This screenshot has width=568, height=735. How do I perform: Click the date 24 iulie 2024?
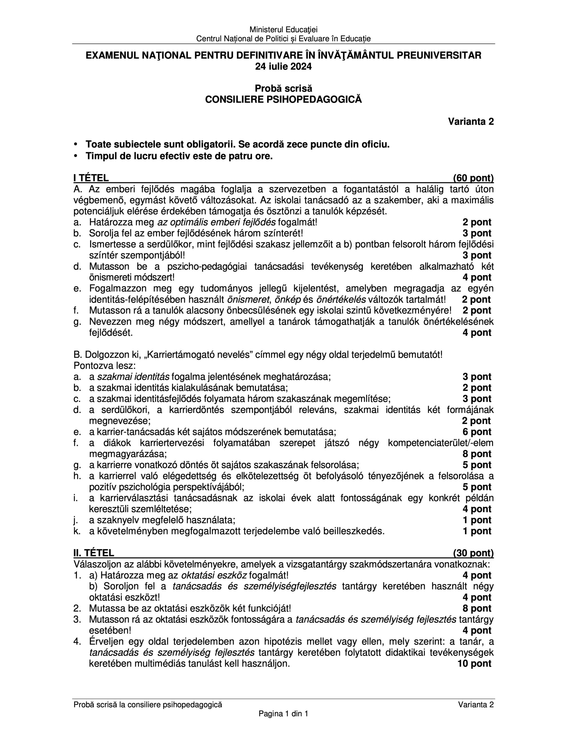click(283, 67)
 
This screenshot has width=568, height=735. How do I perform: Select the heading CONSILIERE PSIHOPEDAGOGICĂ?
click(283, 100)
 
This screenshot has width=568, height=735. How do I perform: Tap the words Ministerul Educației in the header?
click(283, 30)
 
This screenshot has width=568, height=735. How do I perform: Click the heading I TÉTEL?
click(91, 178)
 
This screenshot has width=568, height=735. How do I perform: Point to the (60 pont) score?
click(473, 178)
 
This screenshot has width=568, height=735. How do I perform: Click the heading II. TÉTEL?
click(94, 553)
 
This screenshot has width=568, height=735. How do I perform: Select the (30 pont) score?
click(473, 553)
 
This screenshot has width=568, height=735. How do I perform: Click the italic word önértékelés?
click(341, 299)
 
